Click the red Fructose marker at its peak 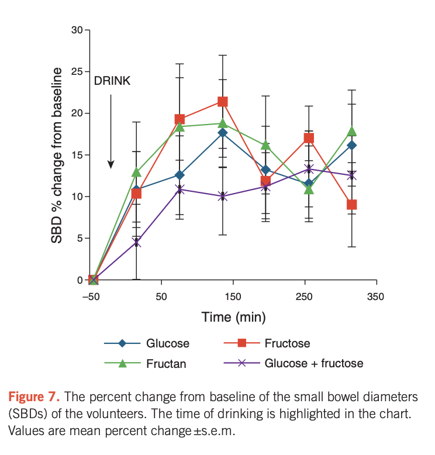point(222,102)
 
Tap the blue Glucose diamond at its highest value point(222,133)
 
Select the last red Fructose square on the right point(352,205)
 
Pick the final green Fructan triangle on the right point(352,132)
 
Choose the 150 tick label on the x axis point(233,297)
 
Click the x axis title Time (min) point(234,318)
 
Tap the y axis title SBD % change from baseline point(57,155)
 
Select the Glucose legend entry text point(168,343)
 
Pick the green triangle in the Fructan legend point(123,363)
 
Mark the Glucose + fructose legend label point(314,363)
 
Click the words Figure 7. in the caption point(33,397)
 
